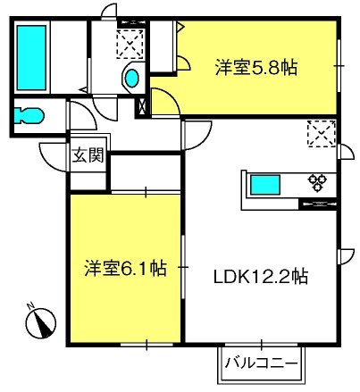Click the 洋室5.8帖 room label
(256, 68)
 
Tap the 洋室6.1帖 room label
(125, 268)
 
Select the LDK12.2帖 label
(261, 277)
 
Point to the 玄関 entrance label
(88, 155)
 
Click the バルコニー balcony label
(262, 363)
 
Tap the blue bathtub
(31, 57)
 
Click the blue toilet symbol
(29, 115)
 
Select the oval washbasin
(131, 78)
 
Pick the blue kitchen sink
(265, 185)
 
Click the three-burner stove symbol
(317, 182)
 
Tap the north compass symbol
(41, 323)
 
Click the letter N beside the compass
(30, 305)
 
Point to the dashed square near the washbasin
(130, 44)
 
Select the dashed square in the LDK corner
(322, 134)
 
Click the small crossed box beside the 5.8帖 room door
(142, 105)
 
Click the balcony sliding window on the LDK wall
(261, 345)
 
